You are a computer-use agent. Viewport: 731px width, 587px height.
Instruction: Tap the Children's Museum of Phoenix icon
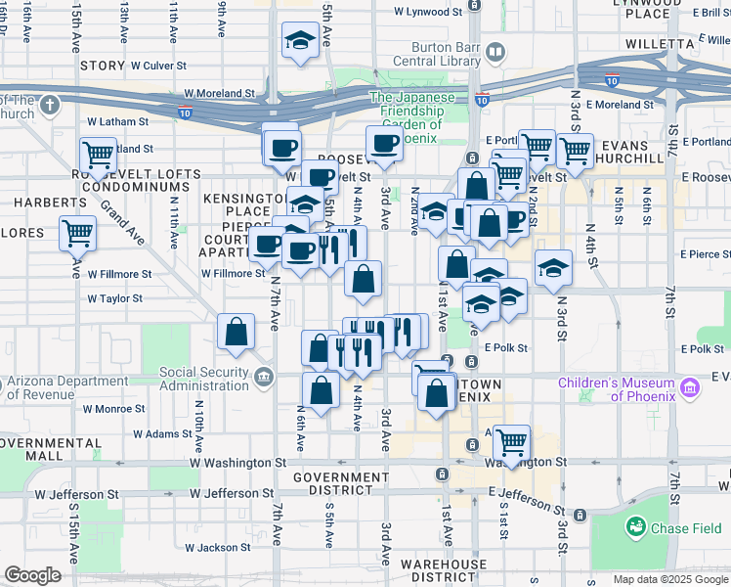pos(690,388)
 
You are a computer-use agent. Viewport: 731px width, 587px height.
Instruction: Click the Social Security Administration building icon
pos(264,377)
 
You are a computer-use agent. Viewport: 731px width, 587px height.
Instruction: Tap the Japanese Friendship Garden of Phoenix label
pos(411,117)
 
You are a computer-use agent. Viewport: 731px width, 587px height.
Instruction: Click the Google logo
pos(32,575)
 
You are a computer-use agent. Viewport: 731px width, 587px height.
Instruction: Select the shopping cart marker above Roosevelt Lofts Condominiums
pos(98,155)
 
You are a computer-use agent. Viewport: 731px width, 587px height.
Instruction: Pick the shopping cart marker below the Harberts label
pos(77,234)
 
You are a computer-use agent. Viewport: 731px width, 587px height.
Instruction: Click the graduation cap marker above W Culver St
pos(299,40)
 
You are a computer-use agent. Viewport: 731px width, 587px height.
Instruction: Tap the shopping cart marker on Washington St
pos(511,442)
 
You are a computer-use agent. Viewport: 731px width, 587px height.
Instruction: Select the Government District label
pos(340,485)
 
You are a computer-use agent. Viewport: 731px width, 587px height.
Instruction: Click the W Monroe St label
pos(115,409)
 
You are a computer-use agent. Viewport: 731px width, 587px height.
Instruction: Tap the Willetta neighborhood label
pos(691,44)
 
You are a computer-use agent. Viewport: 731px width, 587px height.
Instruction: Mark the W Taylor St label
pos(115,299)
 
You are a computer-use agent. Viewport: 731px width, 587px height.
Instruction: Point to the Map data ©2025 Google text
pos(669,579)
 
